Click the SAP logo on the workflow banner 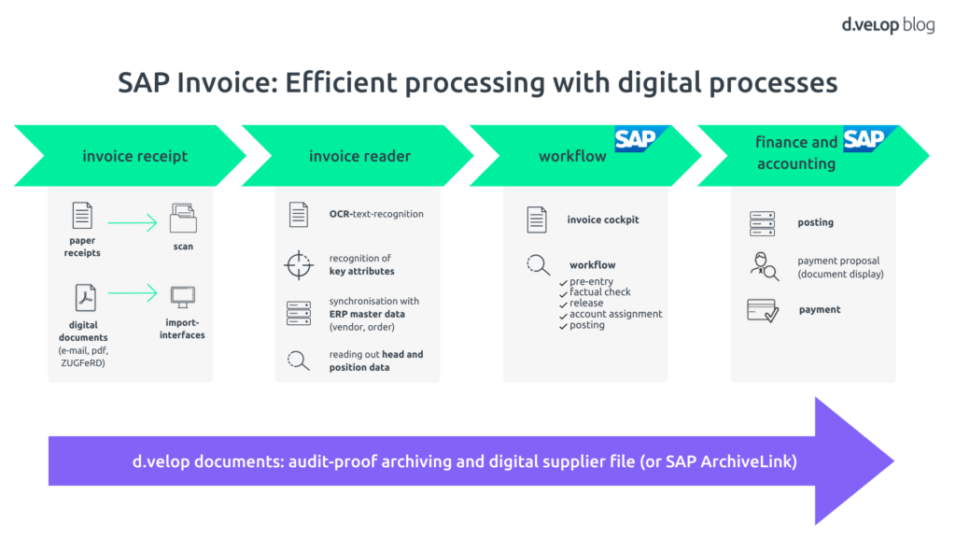click(x=636, y=138)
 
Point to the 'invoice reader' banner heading click(x=359, y=156)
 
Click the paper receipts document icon click(x=83, y=217)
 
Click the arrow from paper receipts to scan click(x=133, y=222)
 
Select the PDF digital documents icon click(x=85, y=298)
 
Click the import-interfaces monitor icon click(x=183, y=298)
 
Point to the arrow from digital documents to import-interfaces click(x=133, y=294)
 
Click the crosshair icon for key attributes click(x=298, y=265)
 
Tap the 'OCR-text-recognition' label click(x=376, y=214)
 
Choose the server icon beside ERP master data click(x=298, y=313)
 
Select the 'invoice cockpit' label click(x=603, y=220)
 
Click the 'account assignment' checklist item click(x=615, y=314)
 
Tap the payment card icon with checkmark click(x=763, y=310)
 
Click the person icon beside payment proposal click(x=764, y=267)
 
